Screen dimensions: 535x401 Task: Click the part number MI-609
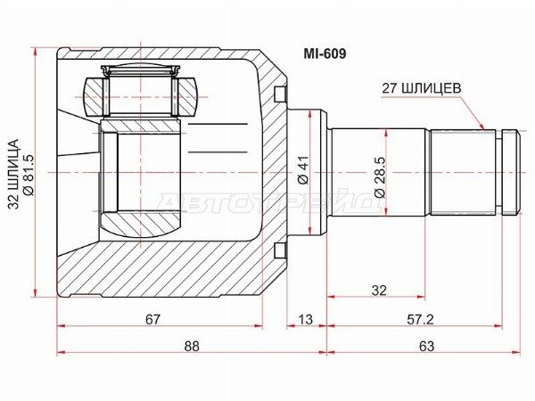pyautogui.click(x=325, y=53)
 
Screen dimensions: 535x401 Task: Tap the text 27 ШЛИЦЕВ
pyautogui.click(x=421, y=88)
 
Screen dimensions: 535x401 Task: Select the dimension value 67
pyautogui.click(x=152, y=319)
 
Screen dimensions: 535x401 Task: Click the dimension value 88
pyautogui.click(x=192, y=346)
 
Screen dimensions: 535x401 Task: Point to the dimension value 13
pyautogui.click(x=305, y=319)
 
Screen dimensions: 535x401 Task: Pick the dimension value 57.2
pyautogui.click(x=420, y=319)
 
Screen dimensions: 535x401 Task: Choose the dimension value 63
pyautogui.click(x=426, y=346)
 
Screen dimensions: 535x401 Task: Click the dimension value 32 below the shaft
pyautogui.click(x=379, y=291)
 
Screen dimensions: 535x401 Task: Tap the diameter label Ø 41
pyautogui.click(x=303, y=170)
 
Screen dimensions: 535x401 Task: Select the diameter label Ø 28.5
pyautogui.click(x=380, y=177)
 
